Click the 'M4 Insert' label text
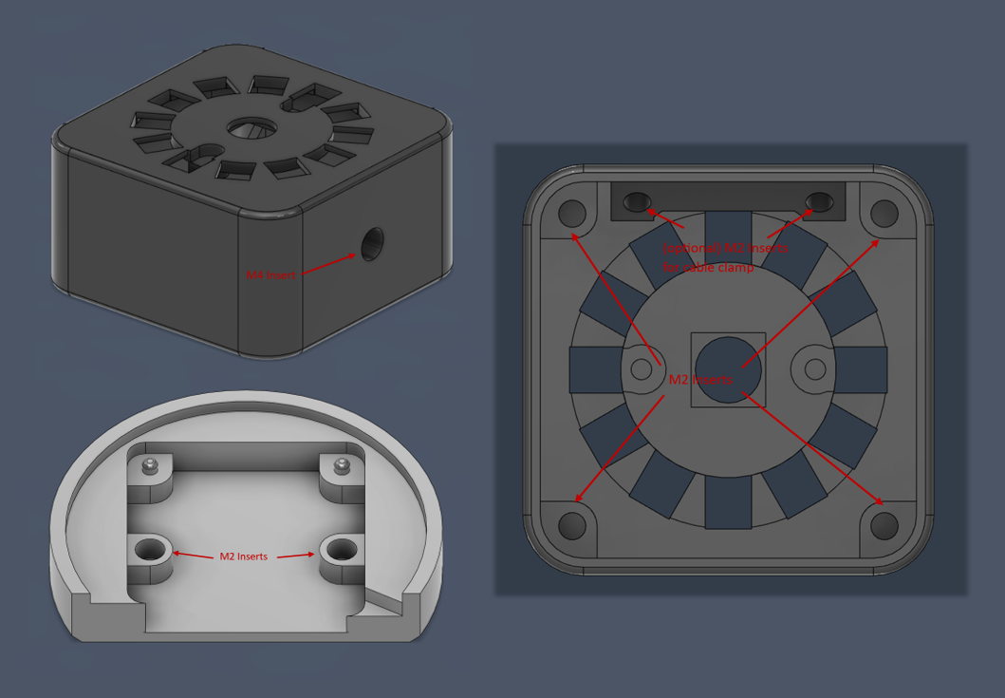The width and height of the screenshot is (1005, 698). (270, 274)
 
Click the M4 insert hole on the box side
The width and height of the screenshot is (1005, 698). (372, 242)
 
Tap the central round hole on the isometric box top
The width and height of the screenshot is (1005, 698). (250, 128)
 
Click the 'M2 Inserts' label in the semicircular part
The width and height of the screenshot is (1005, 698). (245, 557)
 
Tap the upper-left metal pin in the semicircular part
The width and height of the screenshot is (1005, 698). (149, 465)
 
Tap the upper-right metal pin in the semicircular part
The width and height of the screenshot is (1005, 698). (341, 465)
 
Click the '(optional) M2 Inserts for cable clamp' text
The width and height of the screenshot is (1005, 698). (724, 256)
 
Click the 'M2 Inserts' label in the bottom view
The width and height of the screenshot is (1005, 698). (700, 379)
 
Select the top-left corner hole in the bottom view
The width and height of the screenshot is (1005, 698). (572, 212)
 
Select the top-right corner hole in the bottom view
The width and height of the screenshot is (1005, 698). (884, 212)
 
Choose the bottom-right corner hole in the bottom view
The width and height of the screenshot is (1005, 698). (884, 524)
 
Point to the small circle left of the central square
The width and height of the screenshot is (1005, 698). (642, 368)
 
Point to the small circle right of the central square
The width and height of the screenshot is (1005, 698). (813, 368)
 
